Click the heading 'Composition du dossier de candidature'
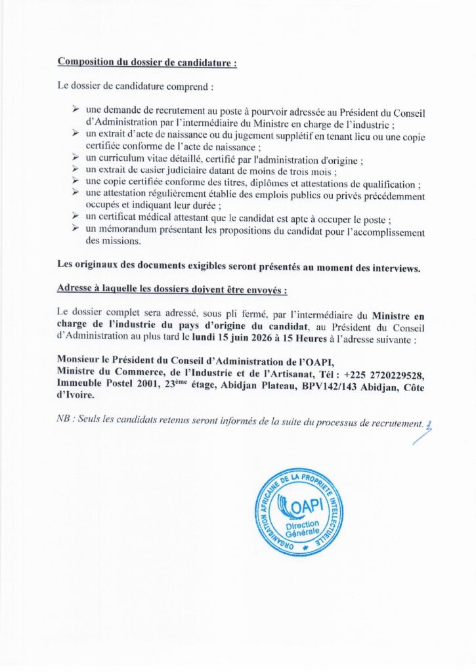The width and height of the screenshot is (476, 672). pos(147,62)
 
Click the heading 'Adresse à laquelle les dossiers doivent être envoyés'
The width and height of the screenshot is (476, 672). pos(172,289)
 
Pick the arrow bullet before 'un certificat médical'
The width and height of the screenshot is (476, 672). pos(76,219)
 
